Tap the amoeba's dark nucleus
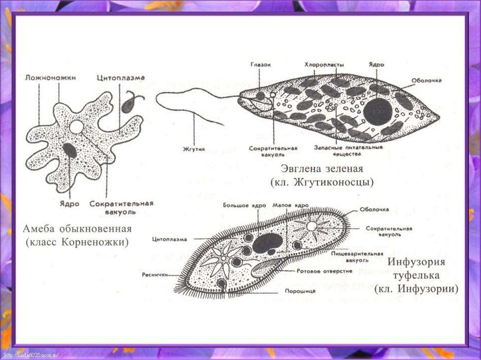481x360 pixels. [70, 150]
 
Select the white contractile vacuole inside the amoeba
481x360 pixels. [76, 127]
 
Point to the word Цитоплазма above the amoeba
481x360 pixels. [121, 77]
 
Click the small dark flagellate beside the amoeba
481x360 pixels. [128, 106]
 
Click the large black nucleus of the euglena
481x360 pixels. [378, 112]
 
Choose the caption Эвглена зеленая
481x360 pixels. [322, 169]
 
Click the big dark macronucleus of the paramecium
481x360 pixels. [267, 243]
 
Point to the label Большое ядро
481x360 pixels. [244, 206]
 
